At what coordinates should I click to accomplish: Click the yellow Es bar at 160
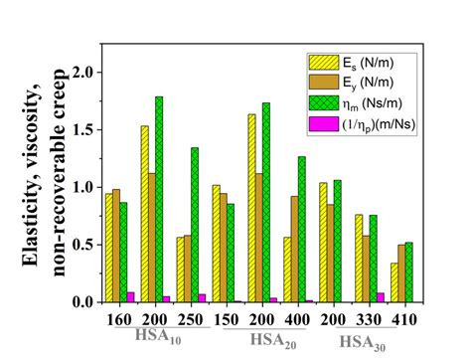pos(108,248)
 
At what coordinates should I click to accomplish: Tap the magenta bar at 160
pos(132,296)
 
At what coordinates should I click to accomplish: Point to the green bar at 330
pos(374,259)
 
